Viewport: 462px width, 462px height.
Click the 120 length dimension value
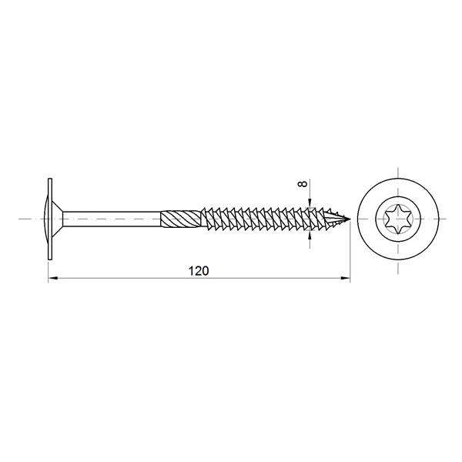click(x=199, y=271)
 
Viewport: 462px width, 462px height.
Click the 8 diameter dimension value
click(x=303, y=183)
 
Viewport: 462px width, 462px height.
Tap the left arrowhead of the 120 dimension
click(x=52, y=277)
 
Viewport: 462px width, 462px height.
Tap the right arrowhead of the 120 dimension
click(x=346, y=277)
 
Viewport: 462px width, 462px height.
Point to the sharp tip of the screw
click(x=350, y=219)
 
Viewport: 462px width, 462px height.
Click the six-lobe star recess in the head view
click(x=398, y=219)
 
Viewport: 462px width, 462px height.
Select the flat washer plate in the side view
click(x=50, y=219)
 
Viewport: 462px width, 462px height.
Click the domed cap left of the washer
click(x=46, y=219)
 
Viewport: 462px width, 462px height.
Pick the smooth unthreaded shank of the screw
click(x=112, y=219)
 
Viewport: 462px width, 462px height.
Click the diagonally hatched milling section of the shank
click(x=181, y=219)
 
